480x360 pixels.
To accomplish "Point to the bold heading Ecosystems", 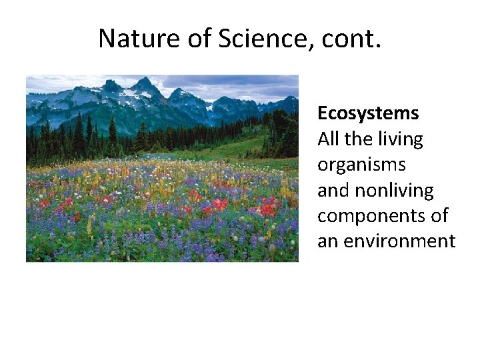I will pyautogui.click(x=368, y=114).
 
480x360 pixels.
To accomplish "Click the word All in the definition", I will pyautogui.click(x=327, y=139).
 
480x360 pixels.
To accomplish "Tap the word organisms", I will pyautogui.click(x=361, y=165).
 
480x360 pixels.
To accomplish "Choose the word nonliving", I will pyautogui.click(x=394, y=191).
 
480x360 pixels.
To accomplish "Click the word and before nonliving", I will pyautogui.click(x=333, y=191).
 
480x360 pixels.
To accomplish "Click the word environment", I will pyautogui.click(x=398, y=241).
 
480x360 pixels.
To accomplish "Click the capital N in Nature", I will pyautogui.click(x=107, y=39).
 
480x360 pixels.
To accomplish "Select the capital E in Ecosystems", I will pyautogui.click(x=323, y=114).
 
